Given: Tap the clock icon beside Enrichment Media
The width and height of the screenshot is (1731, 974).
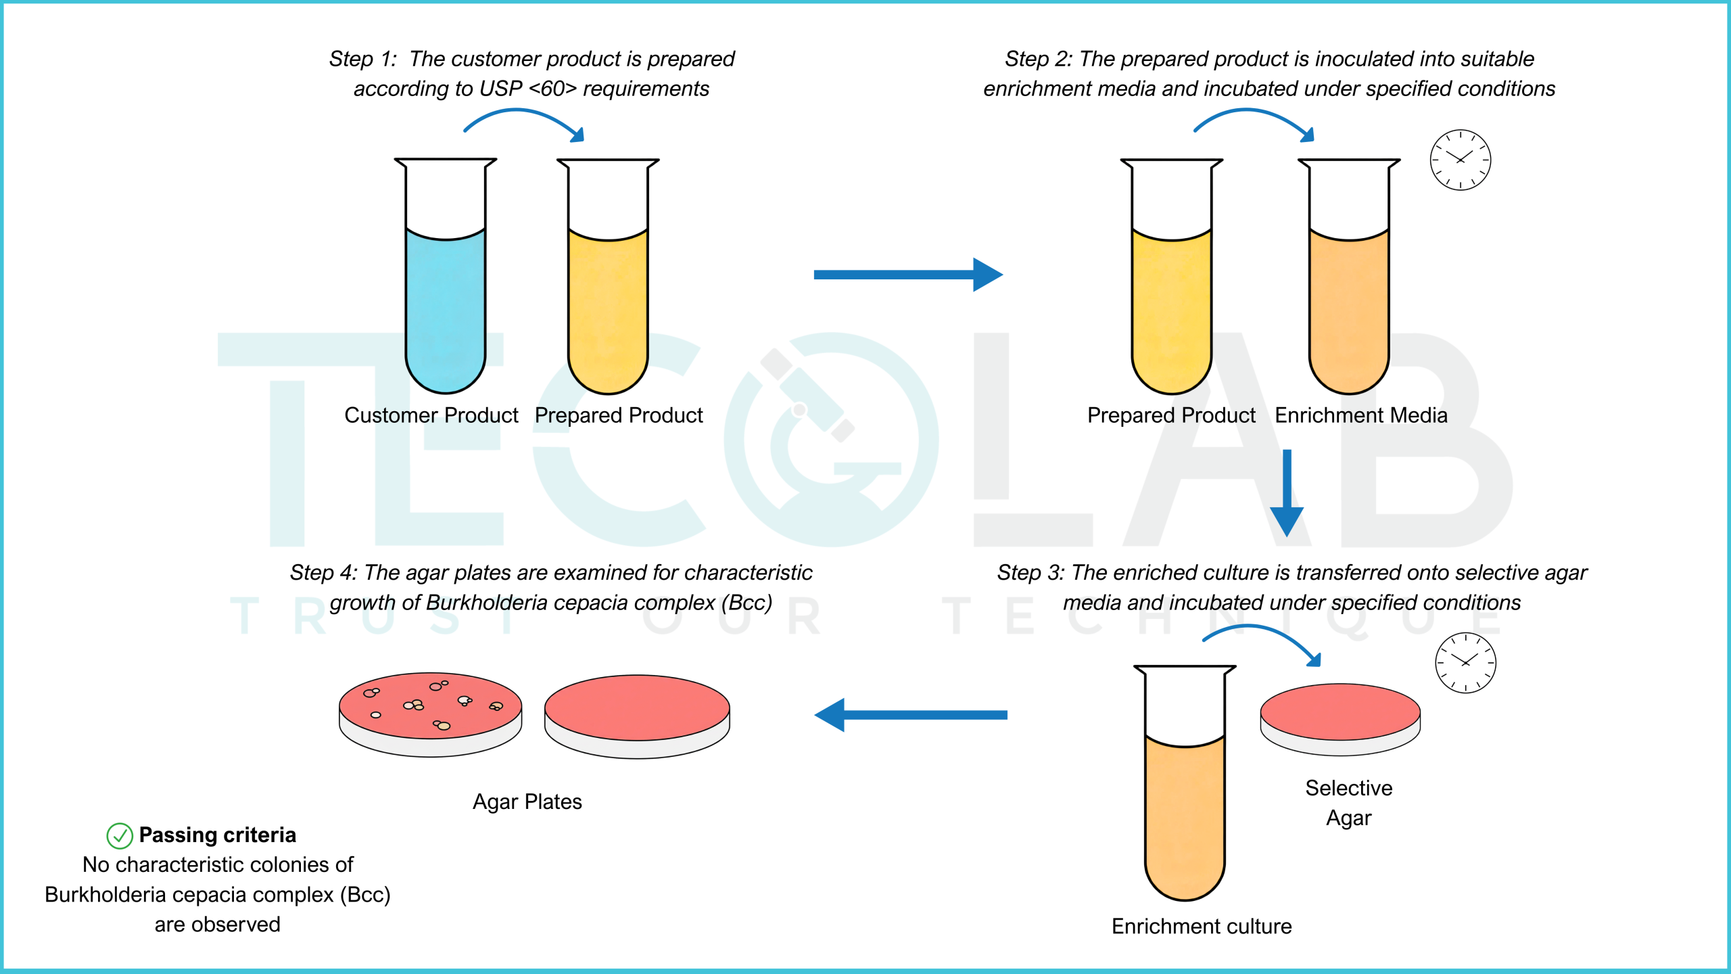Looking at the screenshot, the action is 1461,160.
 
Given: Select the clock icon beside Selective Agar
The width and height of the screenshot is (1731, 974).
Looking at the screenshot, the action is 1465,663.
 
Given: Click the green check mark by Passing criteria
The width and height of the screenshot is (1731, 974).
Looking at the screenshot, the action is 120,836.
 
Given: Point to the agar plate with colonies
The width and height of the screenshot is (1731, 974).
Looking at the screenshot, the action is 431,714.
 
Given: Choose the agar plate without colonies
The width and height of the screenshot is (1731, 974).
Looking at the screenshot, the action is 637,716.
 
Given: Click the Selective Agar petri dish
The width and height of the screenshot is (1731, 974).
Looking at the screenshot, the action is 1340,719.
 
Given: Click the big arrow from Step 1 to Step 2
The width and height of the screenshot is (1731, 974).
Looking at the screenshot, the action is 908,275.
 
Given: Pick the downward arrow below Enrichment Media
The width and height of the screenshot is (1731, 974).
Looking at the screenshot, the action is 1287,492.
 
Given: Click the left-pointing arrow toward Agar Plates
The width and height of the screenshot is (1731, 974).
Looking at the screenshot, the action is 911,715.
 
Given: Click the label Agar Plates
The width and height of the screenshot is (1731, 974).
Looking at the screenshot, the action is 527,802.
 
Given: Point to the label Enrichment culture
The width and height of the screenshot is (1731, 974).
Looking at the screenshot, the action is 1202,926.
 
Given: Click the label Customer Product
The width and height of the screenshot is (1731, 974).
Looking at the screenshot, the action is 431,415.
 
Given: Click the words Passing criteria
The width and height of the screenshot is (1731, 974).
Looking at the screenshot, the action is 217,835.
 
